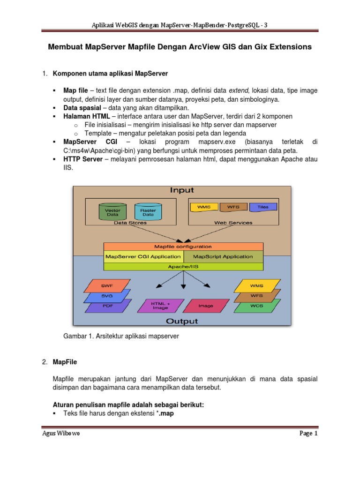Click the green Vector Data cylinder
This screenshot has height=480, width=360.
click(x=112, y=211)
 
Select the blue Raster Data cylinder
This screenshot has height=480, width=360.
click(x=148, y=211)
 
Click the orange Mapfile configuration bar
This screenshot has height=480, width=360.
click(x=183, y=247)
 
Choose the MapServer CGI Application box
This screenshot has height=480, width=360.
click(x=143, y=256)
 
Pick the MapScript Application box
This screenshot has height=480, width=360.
click(x=223, y=256)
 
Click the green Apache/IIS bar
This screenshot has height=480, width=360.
click(x=183, y=266)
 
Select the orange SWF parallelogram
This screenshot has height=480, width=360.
click(x=106, y=285)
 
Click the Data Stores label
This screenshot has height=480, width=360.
click(x=130, y=223)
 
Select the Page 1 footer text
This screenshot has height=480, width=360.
click(x=308, y=434)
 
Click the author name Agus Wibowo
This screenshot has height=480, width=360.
click(x=60, y=434)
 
